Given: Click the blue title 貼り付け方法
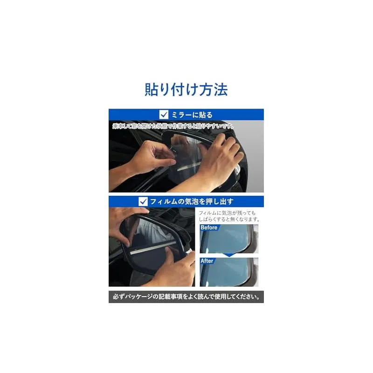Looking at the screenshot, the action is (x=186, y=90).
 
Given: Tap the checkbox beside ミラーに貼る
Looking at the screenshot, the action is (x=164, y=114).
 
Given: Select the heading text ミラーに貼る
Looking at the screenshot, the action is (x=192, y=115).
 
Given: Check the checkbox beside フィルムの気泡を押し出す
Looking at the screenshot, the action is (x=143, y=201).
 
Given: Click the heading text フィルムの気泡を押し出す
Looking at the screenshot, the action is (x=192, y=201).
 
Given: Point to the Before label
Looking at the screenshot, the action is (x=209, y=228).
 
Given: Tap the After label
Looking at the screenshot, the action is (x=207, y=261).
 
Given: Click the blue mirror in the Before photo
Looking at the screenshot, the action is (x=226, y=239).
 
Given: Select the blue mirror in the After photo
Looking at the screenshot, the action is (x=226, y=272).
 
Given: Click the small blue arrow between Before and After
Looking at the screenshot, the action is (x=229, y=255).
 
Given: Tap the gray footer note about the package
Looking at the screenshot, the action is (x=186, y=297).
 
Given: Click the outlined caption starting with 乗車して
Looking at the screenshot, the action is (x=173, y=126).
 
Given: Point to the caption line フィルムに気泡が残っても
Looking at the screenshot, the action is (x=227, y=213).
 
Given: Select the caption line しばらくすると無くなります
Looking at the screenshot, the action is (x=229, y=219).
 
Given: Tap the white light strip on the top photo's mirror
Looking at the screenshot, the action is (x=188, y=166).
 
